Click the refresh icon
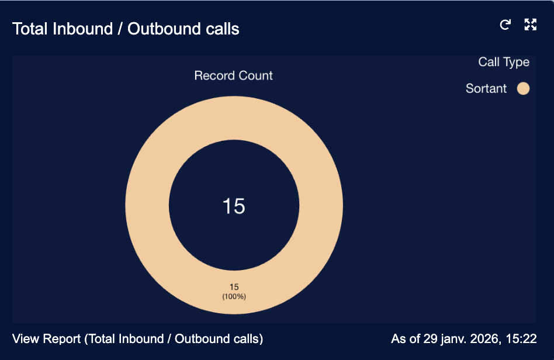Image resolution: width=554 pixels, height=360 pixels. pos(505,25)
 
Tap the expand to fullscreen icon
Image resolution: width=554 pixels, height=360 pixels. pos(530,25)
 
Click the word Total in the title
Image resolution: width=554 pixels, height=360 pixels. pos(30,29)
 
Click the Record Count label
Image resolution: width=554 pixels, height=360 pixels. pos(234,75)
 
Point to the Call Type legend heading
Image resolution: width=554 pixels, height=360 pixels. pos(504,62)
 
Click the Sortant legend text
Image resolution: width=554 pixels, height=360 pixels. pos(486,88)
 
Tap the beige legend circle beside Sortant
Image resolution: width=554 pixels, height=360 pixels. pos(523,88)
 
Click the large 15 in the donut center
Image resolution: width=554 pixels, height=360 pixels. pos(234,206)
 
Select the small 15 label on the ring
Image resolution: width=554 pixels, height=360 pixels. pos(234,287)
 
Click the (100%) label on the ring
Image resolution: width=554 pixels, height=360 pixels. pos(234,296)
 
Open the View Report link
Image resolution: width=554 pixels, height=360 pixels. pos(137,339)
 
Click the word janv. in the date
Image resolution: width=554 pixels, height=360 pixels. pos(453,339)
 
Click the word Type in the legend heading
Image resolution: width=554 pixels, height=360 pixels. pos(517,63)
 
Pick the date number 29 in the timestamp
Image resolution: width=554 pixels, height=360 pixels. pos(430,339)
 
